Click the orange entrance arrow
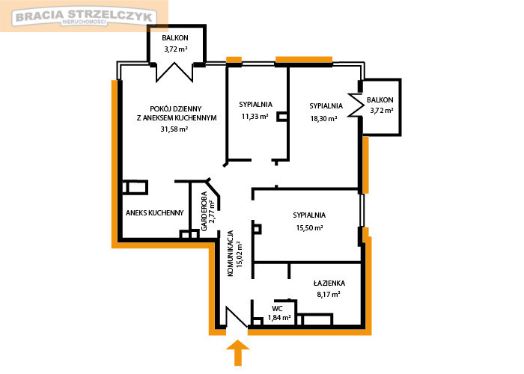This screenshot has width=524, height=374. (x=237, y=352)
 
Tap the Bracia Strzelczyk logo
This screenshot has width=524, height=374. (x=84, y=16)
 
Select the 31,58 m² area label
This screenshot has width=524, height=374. (x=174, y=129)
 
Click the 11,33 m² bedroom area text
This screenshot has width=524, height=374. (x=255, y=117)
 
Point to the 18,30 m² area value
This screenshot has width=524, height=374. (x=323, y=118)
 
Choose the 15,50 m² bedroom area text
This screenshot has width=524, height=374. (x=309, y=227)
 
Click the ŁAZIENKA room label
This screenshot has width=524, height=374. (x=329, y=283)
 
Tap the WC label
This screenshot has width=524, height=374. (x=277, y=308)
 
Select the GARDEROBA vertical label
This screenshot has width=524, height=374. (x=204, y=211)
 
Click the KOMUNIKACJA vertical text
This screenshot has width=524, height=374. (x=231, y=253)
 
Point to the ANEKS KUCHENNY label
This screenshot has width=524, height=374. (x=155, y=212)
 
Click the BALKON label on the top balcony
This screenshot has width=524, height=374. (x=175, y=37)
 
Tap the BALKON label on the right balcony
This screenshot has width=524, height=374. (x=380, y=99)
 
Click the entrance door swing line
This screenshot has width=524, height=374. (x=237, y=316)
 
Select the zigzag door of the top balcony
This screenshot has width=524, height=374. (x=174, y=72)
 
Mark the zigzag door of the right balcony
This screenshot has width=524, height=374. (x=356, y=105)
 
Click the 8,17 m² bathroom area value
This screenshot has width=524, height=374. (x=329, y=294)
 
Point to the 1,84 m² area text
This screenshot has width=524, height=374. (x=279, y=318)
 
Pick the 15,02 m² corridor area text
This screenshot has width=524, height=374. (x=240, y=254)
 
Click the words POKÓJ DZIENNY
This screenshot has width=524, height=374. (x=176, y=109)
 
